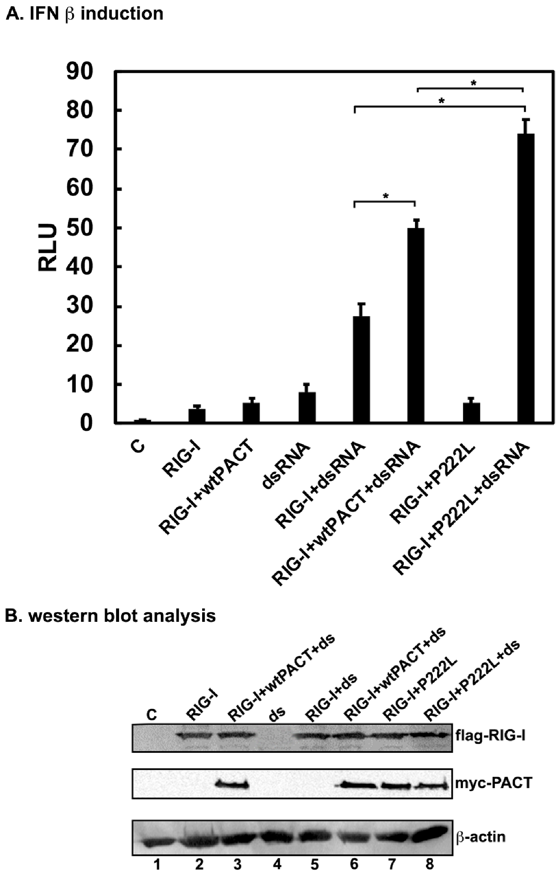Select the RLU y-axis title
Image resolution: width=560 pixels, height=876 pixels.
(47, 247)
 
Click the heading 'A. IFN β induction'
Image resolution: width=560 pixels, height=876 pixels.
(84, 14)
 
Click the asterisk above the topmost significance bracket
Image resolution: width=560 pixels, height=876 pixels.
(473, 83)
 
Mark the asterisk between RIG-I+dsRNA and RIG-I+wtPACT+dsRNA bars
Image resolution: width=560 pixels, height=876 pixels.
(386, 196)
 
